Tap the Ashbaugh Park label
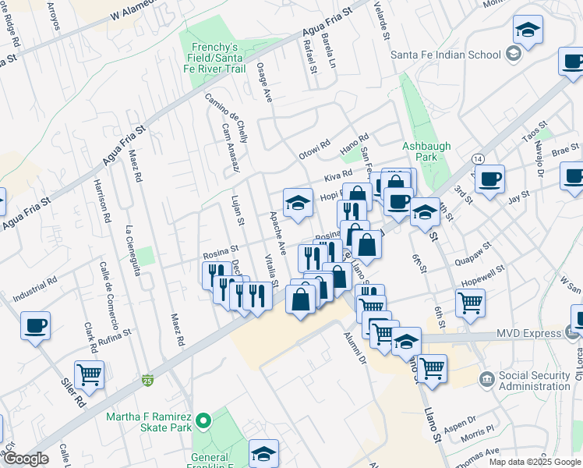420,151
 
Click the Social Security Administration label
535,381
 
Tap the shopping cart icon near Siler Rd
90,374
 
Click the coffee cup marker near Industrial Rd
35,325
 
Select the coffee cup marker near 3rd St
489,179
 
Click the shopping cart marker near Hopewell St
470,303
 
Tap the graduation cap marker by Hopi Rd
297,203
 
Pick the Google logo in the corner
25,459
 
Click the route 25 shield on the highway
147,381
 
